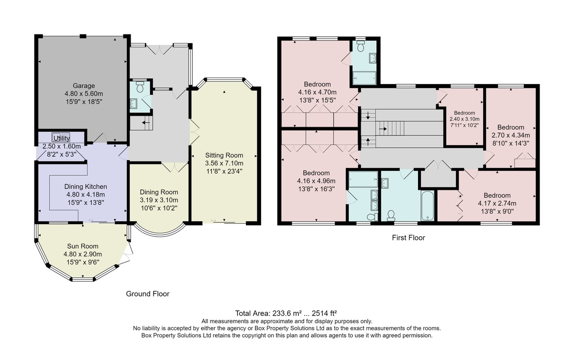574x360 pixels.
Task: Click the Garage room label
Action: pyautogui.click(x=84, y=86)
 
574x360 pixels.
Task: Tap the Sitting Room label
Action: pyautogui.click(x=224, y=155)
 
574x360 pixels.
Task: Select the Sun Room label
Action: pyautogui.click(x=82, y=246)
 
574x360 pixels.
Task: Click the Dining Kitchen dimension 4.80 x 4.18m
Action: pyautogui.click(x=86, y=195)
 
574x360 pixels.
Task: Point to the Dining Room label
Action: pyautogui.click(x=159, y=192)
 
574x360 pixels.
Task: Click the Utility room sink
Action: pyautogui.click(x=61, y=135)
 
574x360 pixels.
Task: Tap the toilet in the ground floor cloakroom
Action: pyautogui.click(x=140, y=87)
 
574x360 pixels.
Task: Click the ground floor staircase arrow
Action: pyautogui.click(x=146, y=123)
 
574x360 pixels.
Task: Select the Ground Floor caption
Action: pyautogui.click(x=148, y=294)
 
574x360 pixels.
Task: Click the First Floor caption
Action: pyautogui.click(x=408, y=238)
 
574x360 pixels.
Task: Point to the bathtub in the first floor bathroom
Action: pyautogui.click(x=427, y=206)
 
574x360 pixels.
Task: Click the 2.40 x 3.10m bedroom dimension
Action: pyautogui.click(x=464, y=119)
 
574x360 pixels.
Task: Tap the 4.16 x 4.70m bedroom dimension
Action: pyautogui.click(x=317, y=92)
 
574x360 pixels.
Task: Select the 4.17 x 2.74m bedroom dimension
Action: pyautogui.click(x=497, y=204)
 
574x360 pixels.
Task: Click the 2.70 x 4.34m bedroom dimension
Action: pyautogui.click(x=511, y=135)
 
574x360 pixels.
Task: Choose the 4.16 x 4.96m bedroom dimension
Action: pyautogui.click(x=316, y=181)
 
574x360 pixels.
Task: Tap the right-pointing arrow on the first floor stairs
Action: pyautogui.click(x=383, y=129)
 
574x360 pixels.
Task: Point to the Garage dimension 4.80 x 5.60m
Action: pyautogui.click(x=84, y=94)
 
